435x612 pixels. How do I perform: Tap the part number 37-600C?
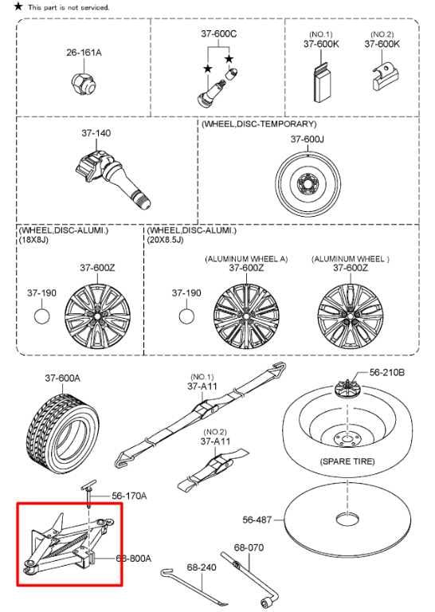[x=218, y=34]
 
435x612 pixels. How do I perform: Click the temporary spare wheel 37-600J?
[x=308, y=183]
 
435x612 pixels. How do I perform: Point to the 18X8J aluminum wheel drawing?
[x=97, y=315]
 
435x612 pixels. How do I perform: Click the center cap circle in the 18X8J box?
[x=41, y=316]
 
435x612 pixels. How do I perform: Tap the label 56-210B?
[x=386, y=372]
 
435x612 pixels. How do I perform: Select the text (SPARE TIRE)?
[x=347, y=461]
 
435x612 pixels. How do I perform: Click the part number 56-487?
[x=257, y=520]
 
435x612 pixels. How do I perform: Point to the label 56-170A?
[x=129, y=496]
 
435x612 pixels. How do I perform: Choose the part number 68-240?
[x=202, y=567]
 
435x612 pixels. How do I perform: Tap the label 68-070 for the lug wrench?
[x=249, y=547]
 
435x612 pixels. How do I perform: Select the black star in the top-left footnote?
[x=18, y=6]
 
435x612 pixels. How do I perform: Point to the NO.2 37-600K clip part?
[x=385, y=76]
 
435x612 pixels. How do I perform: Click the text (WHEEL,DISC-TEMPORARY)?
[x=259, y=124]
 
